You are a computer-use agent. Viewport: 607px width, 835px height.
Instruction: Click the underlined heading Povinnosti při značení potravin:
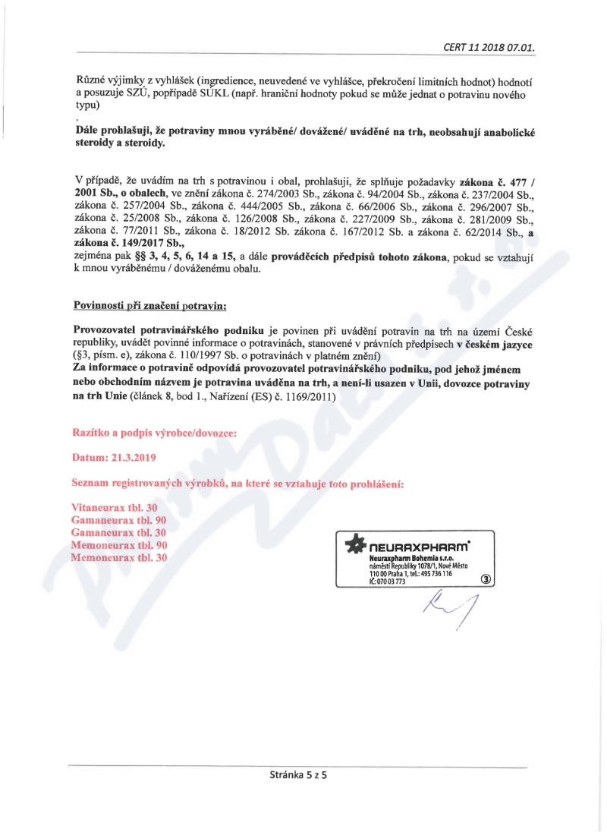[149, 305]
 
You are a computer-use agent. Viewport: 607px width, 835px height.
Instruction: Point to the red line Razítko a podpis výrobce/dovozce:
[154, 433]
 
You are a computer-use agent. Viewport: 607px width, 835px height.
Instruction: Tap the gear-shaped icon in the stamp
[354, 544]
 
